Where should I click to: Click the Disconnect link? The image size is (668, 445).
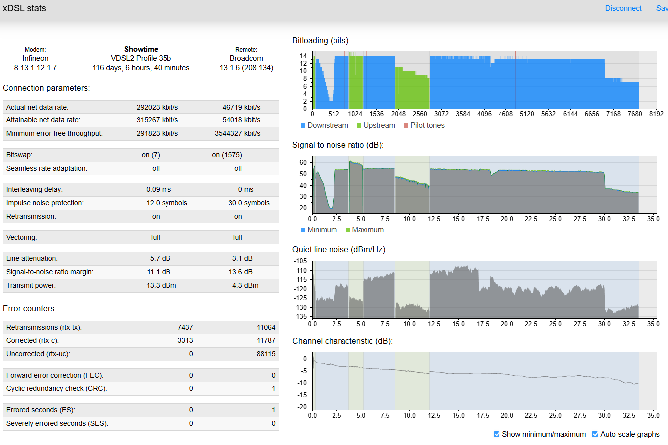(x=623, y=8)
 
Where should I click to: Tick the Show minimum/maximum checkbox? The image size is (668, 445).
(x=496, y=434)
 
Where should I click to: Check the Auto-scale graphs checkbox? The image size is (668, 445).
(x=595, y=434)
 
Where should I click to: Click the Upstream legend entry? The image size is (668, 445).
(x=376, y=125)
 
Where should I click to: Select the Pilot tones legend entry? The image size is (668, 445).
(x=424, y=125)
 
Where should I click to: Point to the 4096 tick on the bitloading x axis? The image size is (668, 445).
(x=484, y=114)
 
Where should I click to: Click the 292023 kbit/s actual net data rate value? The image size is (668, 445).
(x=157, y=107)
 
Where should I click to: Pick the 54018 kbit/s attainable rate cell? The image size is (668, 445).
(x=241, y=120)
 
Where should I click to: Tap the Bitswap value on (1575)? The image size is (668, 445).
(x=227, y=155)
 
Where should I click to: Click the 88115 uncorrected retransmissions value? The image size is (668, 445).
(x=266, y=354)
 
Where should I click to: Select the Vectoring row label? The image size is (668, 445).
(x=22, y=237)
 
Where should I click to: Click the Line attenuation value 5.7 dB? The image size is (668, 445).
(x=160, y=258)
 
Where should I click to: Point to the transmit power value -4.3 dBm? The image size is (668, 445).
(x=244, y=285)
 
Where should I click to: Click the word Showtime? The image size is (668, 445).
(x=141, y=49)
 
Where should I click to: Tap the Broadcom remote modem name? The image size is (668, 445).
(x=246, y=58)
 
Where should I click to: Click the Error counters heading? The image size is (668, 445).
(x=30, y=308)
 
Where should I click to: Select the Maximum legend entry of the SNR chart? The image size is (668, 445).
(x=365, y=230)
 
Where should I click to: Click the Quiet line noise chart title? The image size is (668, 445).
(x=339, y=249)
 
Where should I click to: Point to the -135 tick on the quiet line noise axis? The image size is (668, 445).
(x=300, y=316)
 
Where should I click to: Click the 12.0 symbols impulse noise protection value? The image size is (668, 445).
(x=167, y=203)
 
